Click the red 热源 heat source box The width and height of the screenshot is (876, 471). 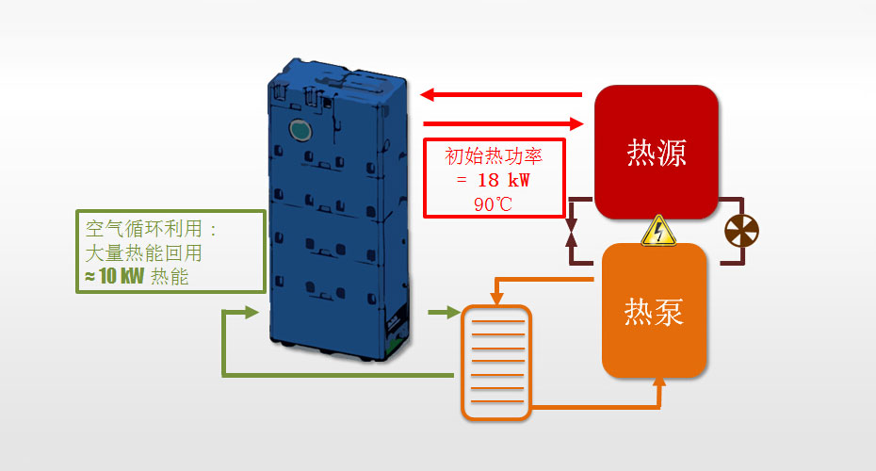(x=656, y=152)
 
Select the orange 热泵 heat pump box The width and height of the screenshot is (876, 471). (x=655, y=310)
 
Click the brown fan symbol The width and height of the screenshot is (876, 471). (x=740, y=231)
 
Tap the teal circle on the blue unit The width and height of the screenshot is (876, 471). (x=300, y=130)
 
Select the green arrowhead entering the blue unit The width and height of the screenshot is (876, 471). (x=251, y=312)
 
